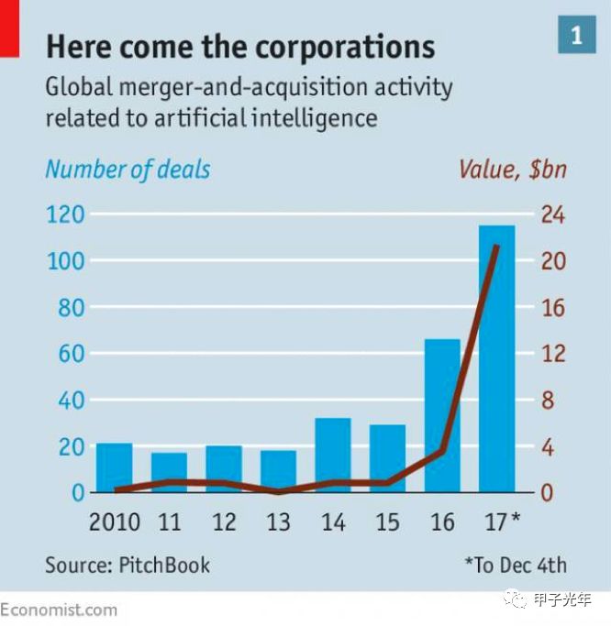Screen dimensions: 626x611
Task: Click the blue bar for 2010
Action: click(115, 467)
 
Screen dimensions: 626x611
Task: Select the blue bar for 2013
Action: click(278, 471)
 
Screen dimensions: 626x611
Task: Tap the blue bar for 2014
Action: click(333, 455)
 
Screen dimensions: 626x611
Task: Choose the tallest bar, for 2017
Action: click(496, 358)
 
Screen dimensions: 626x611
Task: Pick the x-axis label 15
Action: click(387, 522)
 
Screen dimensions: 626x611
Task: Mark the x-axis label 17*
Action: click(501, 522)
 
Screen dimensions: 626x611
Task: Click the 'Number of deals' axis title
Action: click(128, 170)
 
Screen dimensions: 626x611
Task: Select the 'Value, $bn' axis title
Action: click(513, 170)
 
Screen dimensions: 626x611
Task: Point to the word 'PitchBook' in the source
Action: click(164, 565)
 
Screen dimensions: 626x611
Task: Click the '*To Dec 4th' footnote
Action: click(516, 565)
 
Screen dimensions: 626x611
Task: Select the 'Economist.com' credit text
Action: click(60, 610)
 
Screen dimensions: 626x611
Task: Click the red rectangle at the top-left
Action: click(9, 27)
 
